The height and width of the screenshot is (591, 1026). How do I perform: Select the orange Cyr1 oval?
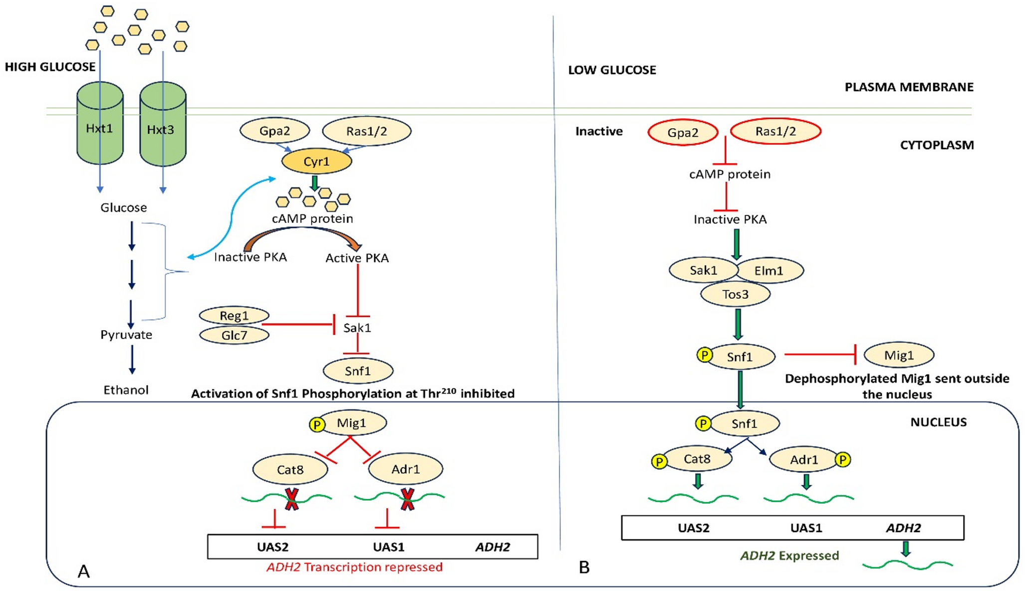pos(316,162)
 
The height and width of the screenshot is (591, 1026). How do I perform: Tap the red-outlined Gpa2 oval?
pos(683,133)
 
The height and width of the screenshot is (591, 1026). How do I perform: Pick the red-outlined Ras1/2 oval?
pos(775,132)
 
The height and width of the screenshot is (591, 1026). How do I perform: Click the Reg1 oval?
pos(234,316)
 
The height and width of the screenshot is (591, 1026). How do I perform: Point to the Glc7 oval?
pos(234,335)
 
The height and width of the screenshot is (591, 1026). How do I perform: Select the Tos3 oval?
pos(735,294)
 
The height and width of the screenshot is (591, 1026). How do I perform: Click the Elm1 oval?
pos(769,271)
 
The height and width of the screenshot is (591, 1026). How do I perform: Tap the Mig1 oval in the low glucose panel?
pos(899,355)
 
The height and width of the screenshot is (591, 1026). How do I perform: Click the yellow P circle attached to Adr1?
pos(843,459)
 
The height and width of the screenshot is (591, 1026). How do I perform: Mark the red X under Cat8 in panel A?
pos(291,499)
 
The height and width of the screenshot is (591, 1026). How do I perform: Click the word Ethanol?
pos(126,390)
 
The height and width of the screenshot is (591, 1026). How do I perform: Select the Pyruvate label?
pos(126,335)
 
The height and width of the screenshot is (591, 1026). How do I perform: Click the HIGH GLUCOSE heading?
pos(50,67)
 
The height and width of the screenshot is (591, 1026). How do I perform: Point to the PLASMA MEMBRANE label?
pos(909,87)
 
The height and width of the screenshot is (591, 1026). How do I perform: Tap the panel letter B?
pos(584,568)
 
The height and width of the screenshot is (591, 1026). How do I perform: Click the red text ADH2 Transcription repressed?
pos(355,567)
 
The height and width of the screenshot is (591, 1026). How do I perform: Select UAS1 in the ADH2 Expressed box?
pos(806,528)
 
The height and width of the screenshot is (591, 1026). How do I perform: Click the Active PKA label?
pos(357,258)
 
